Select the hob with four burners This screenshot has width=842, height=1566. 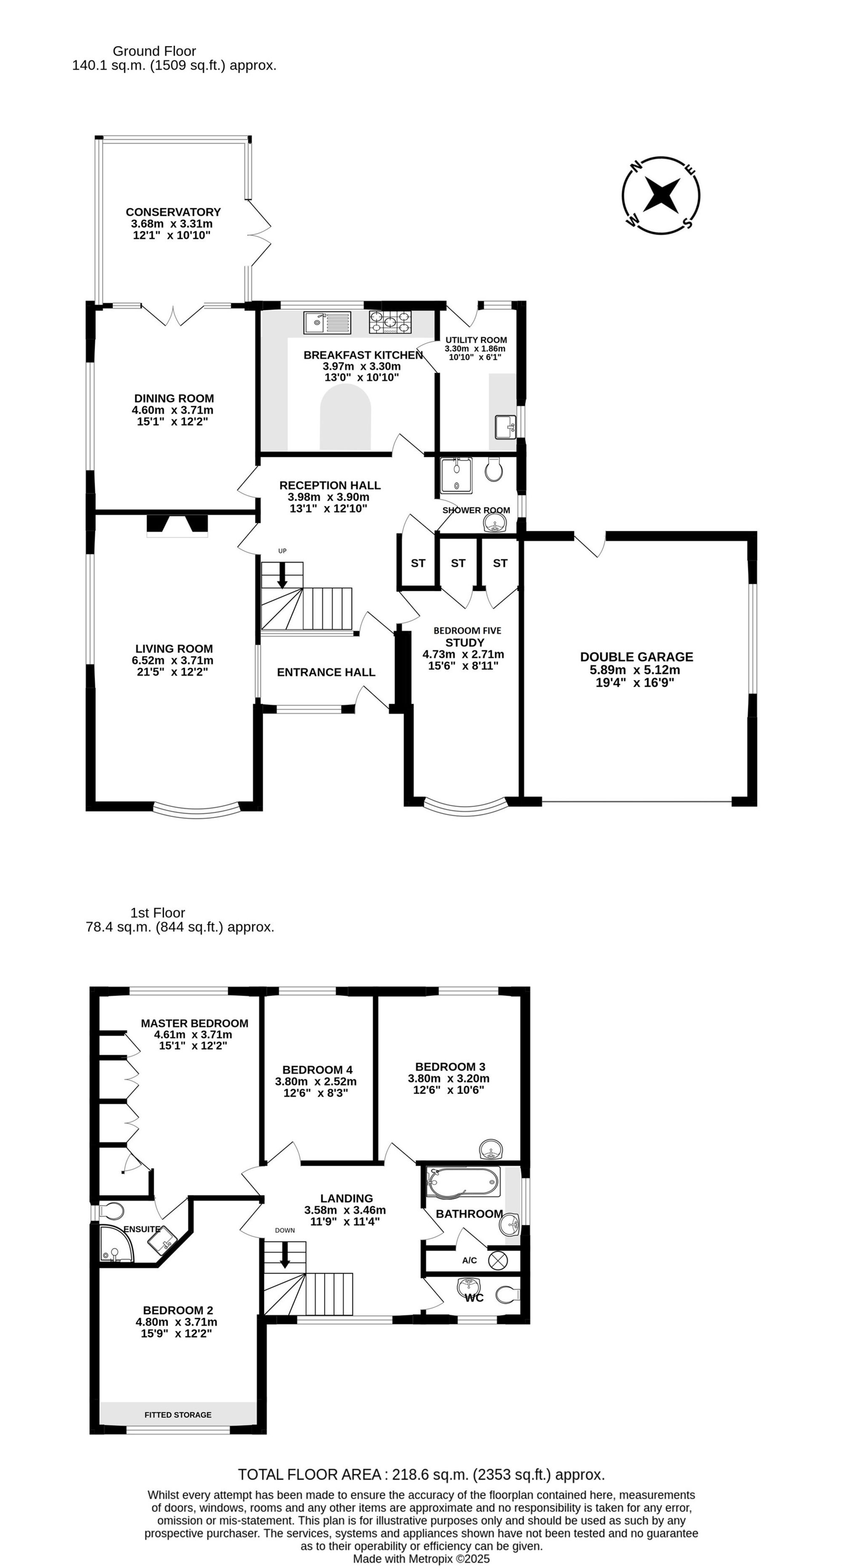pos(389,322)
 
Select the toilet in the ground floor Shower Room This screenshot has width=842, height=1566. pos(493,469)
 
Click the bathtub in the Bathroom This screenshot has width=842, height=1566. pos(464,1182)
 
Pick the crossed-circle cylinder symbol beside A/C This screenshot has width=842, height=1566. pos(498,1260)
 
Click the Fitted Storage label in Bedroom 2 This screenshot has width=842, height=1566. pos(178,1415)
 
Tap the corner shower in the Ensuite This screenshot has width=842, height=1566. pos(116,1243)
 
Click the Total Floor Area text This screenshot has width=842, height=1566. pos(421,1474)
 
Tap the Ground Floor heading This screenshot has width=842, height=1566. pos(155,51)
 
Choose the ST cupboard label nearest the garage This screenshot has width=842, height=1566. pos(500,563)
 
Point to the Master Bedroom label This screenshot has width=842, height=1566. pos(195,1023)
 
